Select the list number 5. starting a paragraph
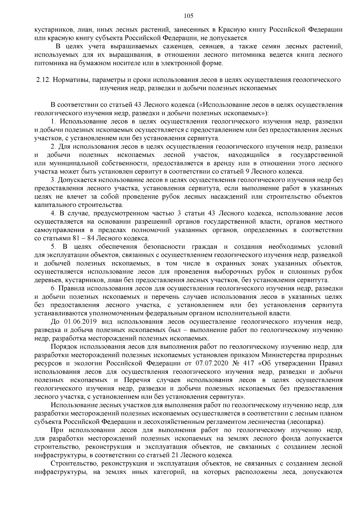pos(54,247)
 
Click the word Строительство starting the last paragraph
pos(72,463)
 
